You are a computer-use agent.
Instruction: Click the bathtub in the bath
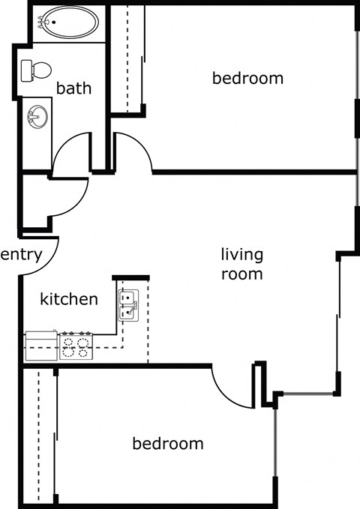69,22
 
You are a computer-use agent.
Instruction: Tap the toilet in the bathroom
35,70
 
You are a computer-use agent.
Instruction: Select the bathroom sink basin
36,117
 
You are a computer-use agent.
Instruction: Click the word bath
74,88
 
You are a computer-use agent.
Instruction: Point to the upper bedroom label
247,78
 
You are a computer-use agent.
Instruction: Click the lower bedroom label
168,444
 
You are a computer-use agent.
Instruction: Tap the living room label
241,264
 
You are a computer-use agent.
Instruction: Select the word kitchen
69,300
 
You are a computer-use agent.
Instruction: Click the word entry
20,255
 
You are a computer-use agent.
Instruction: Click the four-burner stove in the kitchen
76,346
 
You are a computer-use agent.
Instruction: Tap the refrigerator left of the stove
41,346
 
